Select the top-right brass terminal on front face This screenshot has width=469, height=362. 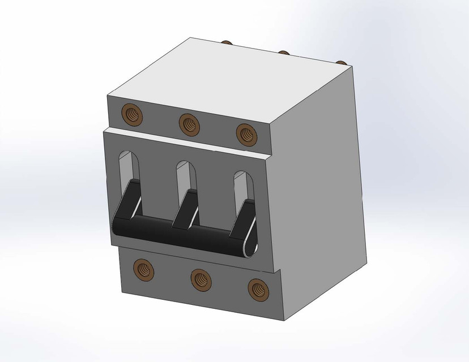[x=245, y=133]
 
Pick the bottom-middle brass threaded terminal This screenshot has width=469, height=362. [x=201, y=278]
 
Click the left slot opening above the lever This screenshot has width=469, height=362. [x=130, y=165]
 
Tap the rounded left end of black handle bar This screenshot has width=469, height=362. [x=117, y=226]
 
